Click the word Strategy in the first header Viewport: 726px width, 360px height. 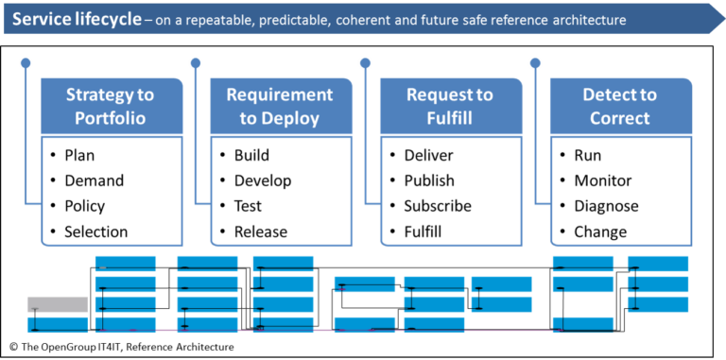click(x=110, y=95)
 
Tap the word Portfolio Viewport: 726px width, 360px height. click(x=110, y=118)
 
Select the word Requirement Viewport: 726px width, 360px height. click(x=279, y=95)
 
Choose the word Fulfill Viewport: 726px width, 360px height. click(x=450, y=118)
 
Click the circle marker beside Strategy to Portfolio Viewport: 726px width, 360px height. click(x=26, y=63)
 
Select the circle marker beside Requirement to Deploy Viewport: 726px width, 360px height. click(x=195, y=63)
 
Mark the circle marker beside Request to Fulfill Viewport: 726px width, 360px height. click(x=364, y=63)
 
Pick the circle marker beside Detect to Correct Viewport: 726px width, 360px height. click(x=534, y=63)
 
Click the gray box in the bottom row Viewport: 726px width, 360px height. click(x=57, y=304)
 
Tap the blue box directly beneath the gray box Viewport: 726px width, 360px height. click(x=57, y=325)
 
